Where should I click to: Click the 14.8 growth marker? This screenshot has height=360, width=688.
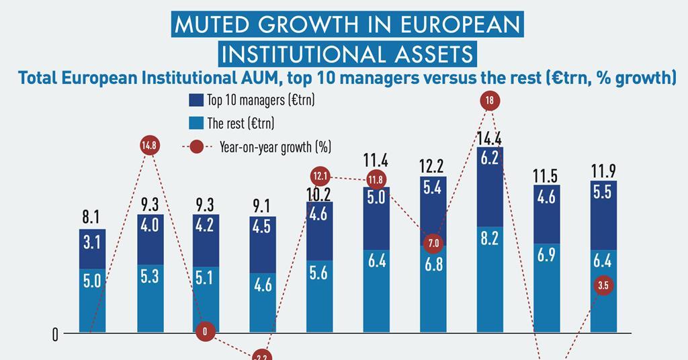pyautogui.click(x=150, y=146)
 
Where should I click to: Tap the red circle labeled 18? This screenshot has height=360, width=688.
pyautogui.click(x=490, y=101)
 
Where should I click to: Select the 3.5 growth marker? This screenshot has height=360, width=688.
pyautogui.click(x=603, y=286)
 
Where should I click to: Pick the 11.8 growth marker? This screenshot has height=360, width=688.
pyautogui.click(x=375, y=179)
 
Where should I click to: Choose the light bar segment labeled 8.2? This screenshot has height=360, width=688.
pyautogui.click(x=490, y=279)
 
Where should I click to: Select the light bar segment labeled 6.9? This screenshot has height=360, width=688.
pyautogui.click(x=546, y=287)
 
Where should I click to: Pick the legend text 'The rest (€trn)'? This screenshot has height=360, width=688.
pyautogui.click(x=241, y=124)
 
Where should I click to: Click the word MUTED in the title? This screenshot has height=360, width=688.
pyautogui.click(x=206, y=25)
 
